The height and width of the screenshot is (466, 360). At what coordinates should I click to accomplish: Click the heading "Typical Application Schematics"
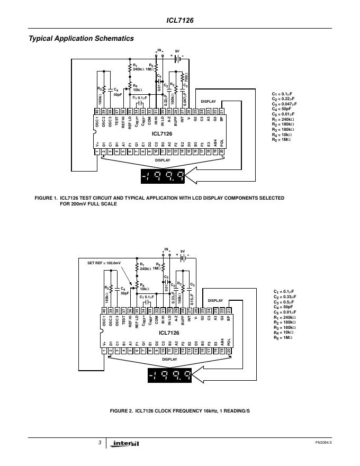pos(80,38)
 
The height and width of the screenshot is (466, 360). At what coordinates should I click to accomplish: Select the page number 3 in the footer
pos(100,442)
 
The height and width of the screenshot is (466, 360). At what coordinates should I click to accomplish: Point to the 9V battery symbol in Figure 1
pos(177,58)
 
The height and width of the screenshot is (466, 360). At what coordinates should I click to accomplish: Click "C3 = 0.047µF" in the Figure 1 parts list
pos(285,104)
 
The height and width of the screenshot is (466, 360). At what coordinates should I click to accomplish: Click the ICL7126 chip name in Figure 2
pos(169,333)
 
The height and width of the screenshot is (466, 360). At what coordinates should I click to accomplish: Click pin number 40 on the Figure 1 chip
pos(97,111)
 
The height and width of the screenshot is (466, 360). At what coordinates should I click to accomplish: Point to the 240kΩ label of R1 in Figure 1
pos(139,69)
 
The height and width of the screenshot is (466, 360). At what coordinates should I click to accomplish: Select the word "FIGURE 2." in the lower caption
pos(121,411)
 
